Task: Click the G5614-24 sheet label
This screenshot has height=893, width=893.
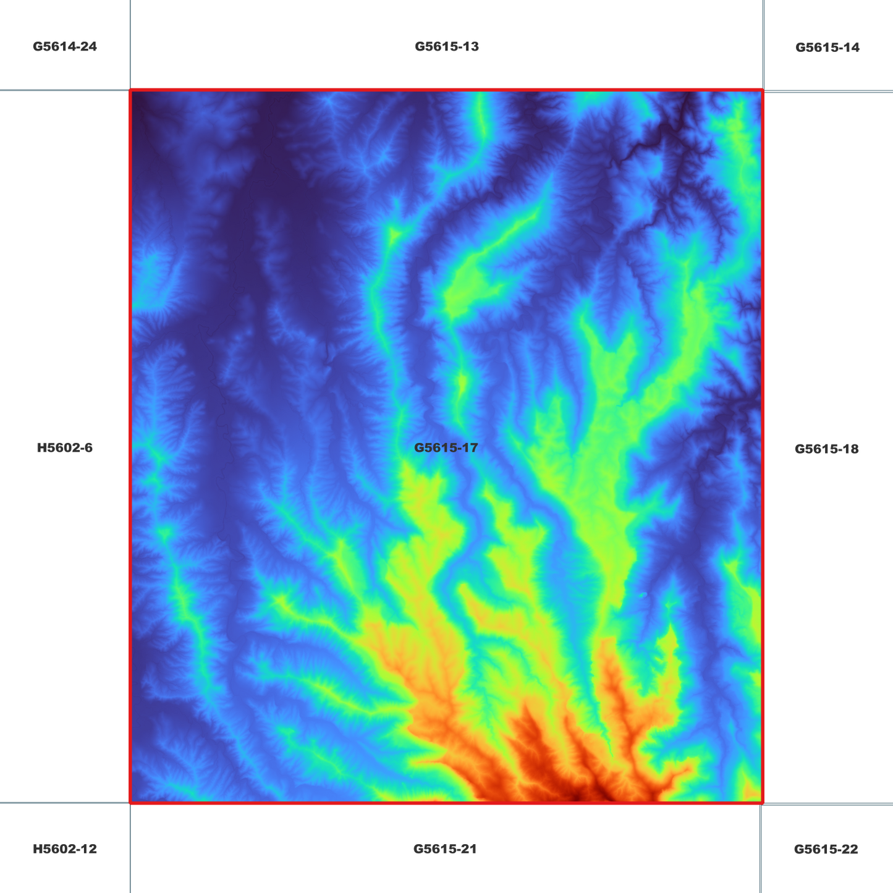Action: (x=65, y=46)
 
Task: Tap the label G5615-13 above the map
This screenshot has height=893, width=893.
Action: (x=446, y=46)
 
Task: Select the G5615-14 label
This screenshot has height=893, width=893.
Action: (x=827, y=48)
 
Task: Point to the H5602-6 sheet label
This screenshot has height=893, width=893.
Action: (x=65, y=447)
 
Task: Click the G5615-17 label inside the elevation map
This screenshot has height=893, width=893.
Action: (x=446, y=447)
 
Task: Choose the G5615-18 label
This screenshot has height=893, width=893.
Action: (x=826, y=449)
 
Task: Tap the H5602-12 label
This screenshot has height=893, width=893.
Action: (x=65, y=849)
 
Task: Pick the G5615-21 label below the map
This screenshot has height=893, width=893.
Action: (x=445, y=849)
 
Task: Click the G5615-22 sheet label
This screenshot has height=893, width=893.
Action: (x=826, y=849)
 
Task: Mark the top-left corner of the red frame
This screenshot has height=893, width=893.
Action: (x=130, y=91)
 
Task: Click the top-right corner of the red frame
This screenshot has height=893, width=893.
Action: (x=763, y=91)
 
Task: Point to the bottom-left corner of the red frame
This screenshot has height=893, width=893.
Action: (x=130, y=803)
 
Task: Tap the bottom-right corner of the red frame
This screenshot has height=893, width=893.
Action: (x=763, y=803)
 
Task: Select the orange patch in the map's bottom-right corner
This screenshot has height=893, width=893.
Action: (x=753, y=791)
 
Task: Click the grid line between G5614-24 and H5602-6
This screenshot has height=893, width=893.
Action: (x=65, y=90)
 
